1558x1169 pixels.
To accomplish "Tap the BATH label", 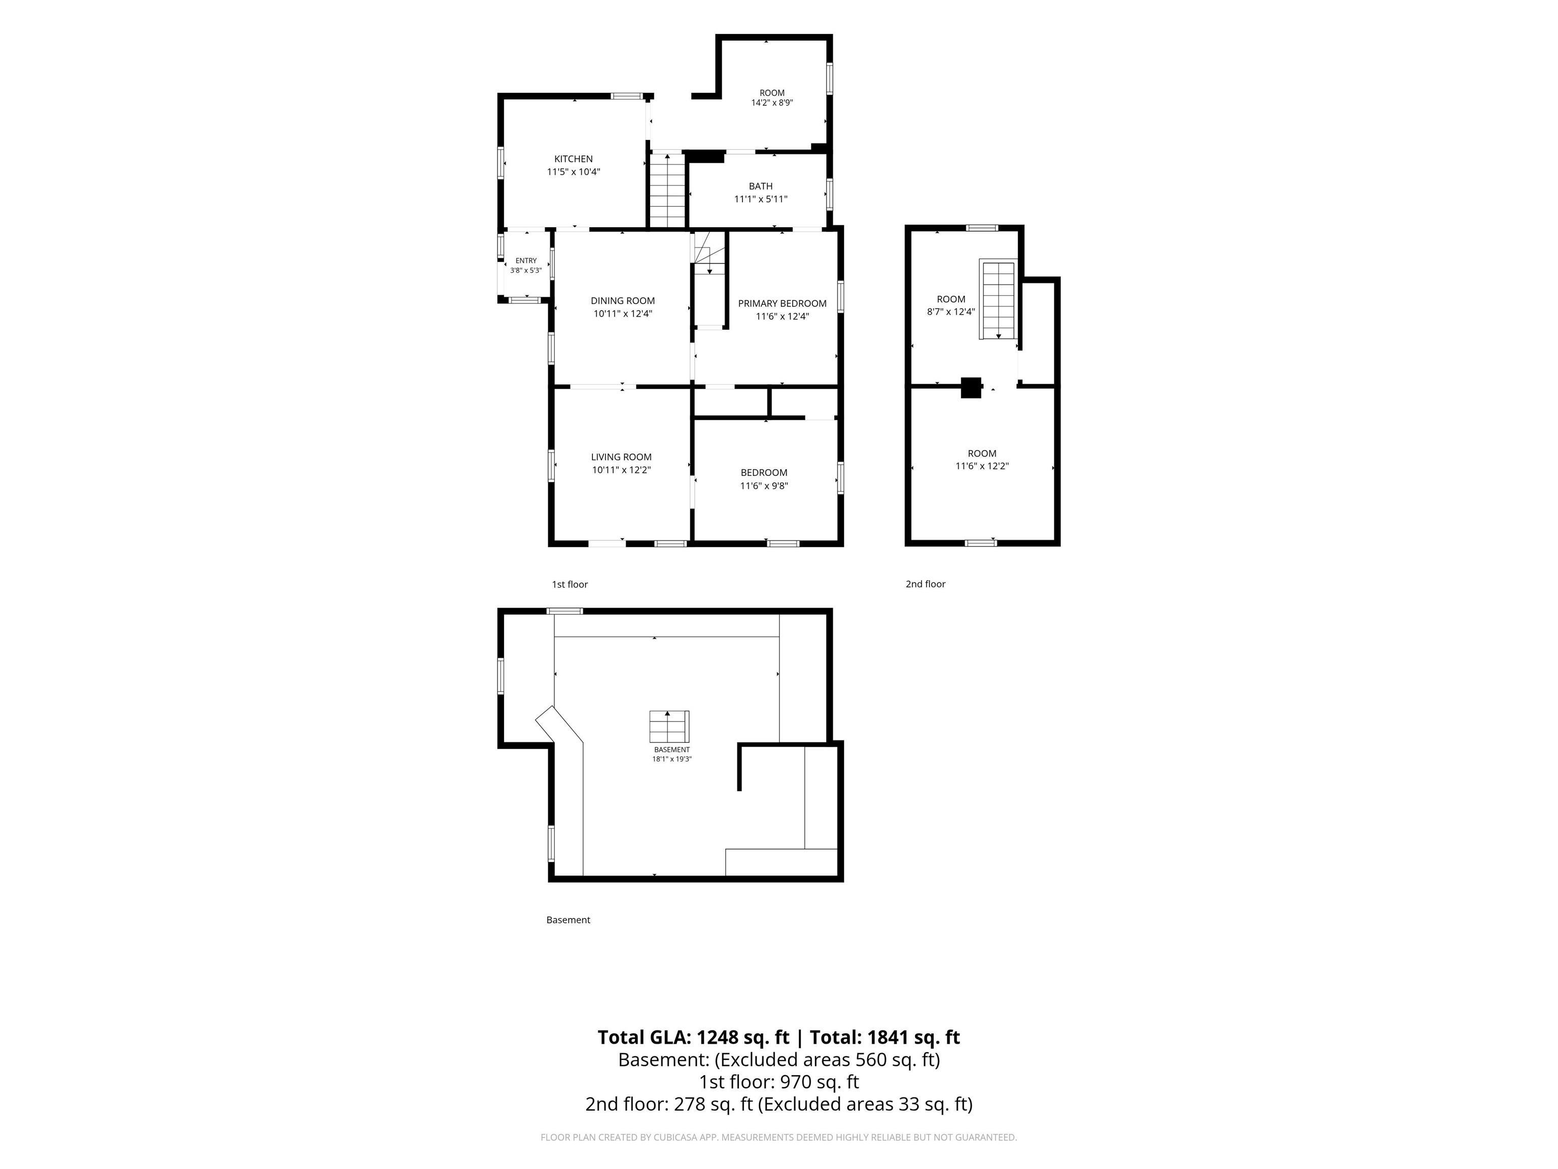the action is pyautogui.click(x=761, y=186).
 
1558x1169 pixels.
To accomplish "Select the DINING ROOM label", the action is pyautogui.click(x=623, y=301).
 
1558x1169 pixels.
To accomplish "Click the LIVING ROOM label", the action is pyautogui.click(x=621, y=457).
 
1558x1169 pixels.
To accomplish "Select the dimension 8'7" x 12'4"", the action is pyautogui.click(x=951, y=312).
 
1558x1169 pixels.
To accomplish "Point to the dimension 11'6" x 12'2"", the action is pyautogui.click(x=982, y=466).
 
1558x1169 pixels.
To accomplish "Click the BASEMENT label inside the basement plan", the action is pyautogui.click(x=672, y=750).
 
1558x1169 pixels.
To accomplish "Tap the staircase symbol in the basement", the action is pyautogui.click(x=669, y=727).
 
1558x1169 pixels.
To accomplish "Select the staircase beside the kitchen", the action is pyautogui.click(x=667, y=190).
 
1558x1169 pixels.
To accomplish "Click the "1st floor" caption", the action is pyautogui.click(x=570, y=584).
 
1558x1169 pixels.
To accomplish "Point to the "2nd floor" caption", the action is pyautogui.click(x=926, y=584).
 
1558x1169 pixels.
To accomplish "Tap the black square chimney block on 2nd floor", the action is pyautogui.click(x=971, y=388).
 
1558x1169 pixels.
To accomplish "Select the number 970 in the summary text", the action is pyautogui.click(x=795, y=1082).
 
